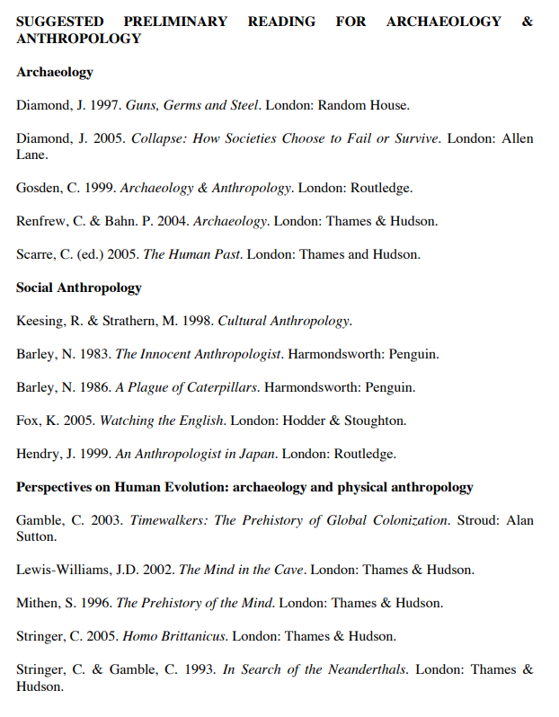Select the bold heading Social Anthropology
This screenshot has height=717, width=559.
pyautogui.click(x=79, y=288)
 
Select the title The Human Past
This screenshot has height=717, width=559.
pyautogui.click(x=191, y=254)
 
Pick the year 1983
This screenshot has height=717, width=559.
pyautogui.click(x=96, y=354)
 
